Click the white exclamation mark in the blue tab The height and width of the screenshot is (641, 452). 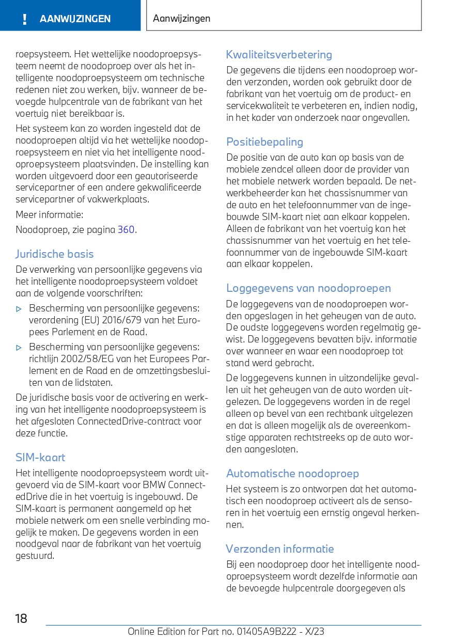click(x=24, y=19)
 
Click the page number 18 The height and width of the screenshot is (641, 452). click(x=21, y=618)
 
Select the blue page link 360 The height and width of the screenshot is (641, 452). click(x=126, y=230)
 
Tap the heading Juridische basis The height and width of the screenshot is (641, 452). click(x=55, y=254)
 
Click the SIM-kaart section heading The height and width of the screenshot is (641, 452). click(x=40, y=457)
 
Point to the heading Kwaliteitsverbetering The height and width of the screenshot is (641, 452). click(x=279, y=54)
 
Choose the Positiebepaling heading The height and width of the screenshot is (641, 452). click(x=264, y=142)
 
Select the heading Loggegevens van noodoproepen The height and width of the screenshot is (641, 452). click(x=308, y=288)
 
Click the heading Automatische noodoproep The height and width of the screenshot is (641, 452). click(x=292, y=473)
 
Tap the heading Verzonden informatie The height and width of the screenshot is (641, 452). click(x=280, y=549)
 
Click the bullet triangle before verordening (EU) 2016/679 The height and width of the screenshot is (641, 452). click(x=19, y=309)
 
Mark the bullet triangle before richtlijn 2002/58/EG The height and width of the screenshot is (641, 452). click(x=19, y=348)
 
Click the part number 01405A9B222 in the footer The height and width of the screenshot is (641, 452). click(x=267, y=631)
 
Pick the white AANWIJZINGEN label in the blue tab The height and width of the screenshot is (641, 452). click(x=75, y=19)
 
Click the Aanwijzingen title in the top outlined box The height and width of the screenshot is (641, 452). click(x=182, y=19)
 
